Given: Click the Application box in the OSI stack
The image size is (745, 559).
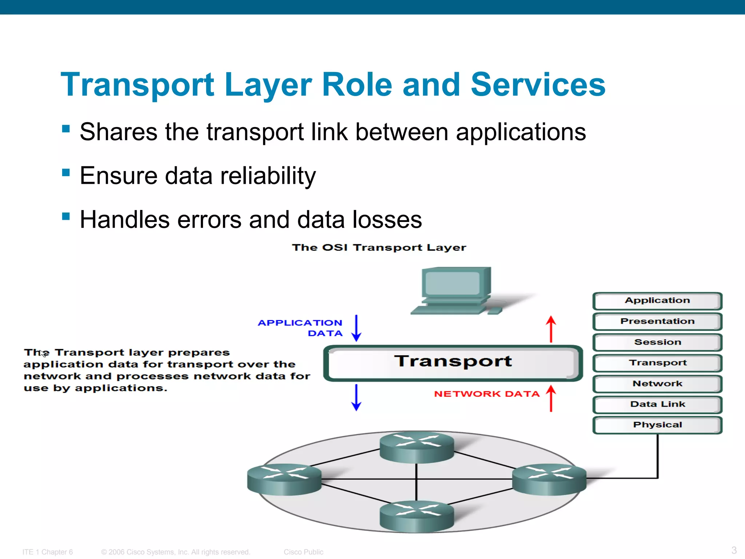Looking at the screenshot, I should click(657, 301).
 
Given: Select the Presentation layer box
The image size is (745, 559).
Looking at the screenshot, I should click(657, 321).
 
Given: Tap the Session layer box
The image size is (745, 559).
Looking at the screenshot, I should click(657, 342).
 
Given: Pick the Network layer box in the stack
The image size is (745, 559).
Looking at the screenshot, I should click(657, 384).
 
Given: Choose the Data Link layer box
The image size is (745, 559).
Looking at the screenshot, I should click(657, 404).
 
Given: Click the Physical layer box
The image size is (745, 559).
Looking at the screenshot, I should click(657, 425).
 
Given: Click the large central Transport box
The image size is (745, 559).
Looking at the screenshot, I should click(453, 362).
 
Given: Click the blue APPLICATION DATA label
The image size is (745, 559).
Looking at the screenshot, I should click(300, 328).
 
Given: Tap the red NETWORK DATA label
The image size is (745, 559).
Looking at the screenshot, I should click(486, 394).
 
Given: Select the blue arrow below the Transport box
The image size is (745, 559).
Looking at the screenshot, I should click(356, 397).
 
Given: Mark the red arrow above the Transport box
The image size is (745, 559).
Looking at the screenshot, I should click(551, 329).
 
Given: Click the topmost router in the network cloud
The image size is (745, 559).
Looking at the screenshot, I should click(417, 447).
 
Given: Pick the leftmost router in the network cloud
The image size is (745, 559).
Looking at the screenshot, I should click(284, 479).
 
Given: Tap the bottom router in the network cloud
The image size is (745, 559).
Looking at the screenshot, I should click(417, 516).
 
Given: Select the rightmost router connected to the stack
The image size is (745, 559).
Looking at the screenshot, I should click(549, 479).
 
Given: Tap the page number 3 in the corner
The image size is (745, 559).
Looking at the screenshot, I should click(734, 550).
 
